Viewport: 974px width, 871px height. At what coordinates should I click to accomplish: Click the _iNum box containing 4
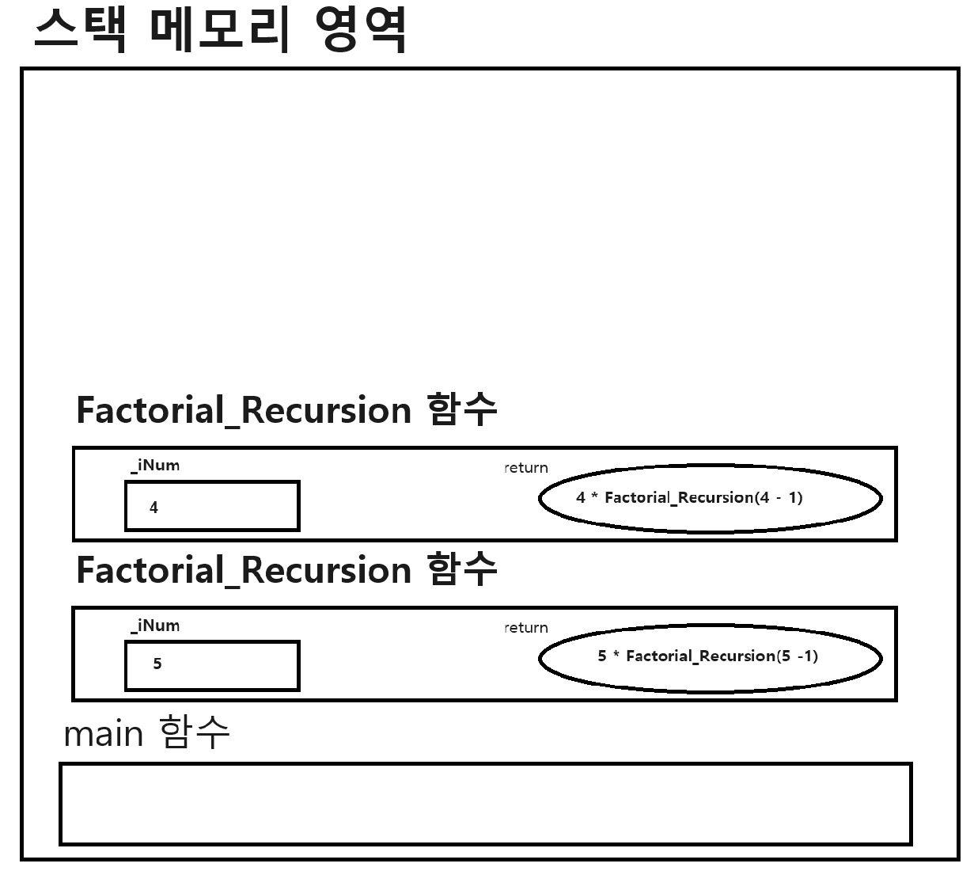[x=212, y=506]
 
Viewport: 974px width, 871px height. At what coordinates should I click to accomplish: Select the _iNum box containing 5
[x=212, y=666]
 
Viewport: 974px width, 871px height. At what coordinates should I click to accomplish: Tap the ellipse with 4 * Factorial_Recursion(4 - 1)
[x=710, y=499]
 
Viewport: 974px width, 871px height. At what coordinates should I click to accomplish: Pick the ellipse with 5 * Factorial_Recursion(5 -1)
[x=710, y=657]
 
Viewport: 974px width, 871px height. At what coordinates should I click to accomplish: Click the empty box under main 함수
[x=485, y=804]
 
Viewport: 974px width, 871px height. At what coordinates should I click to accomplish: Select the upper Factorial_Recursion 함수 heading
[x=286, y=410]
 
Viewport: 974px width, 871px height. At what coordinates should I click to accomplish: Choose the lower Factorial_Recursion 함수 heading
[x=286, y=570]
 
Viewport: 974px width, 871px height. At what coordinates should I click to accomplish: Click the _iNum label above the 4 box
[x=155, y=466]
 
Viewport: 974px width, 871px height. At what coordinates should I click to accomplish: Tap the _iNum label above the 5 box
[x=155, y=626]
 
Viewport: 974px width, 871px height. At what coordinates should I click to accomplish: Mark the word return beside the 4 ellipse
[x=526, y=468]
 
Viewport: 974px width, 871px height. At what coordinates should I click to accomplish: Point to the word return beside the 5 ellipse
[x=526, y=628]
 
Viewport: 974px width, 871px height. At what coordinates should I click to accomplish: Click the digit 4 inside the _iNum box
[x=154, y=508]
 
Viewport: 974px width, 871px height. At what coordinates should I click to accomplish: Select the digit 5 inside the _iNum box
[x=157, y=664]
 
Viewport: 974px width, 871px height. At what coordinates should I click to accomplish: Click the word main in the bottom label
[x=103, y=735]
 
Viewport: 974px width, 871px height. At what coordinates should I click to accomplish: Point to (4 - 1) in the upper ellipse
[x=779, y=498]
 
